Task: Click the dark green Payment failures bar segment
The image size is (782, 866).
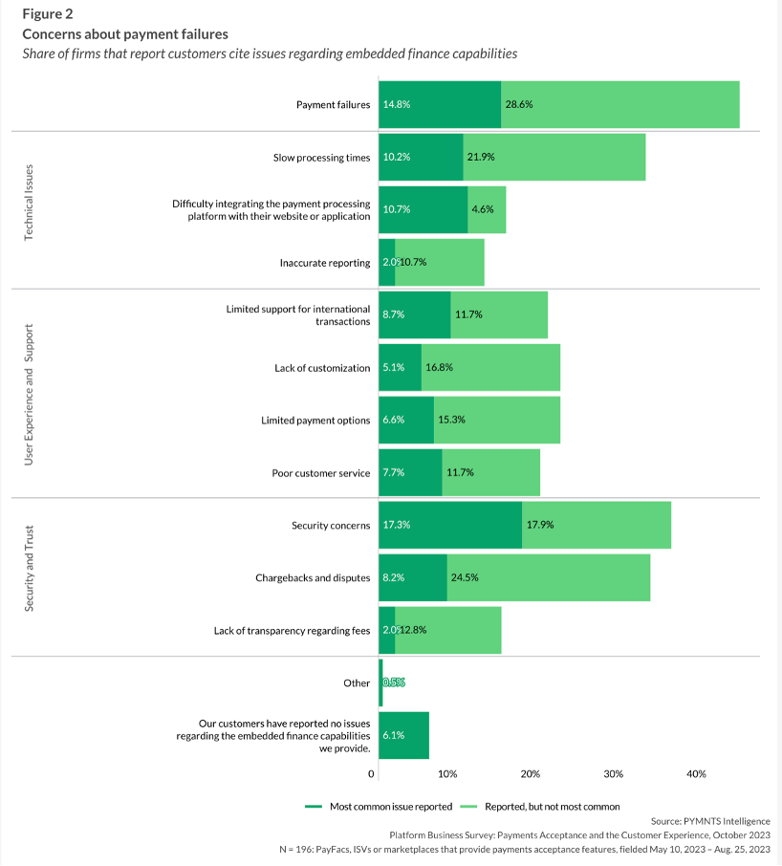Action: coord(440,104)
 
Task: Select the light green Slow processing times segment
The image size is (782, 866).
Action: coord(554,157)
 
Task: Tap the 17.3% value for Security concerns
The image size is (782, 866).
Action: coord(397,525)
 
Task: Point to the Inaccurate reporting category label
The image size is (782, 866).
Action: coord(325,263)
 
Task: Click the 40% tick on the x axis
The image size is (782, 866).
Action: coord(696,774)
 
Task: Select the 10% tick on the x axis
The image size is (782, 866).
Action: coord(447,774)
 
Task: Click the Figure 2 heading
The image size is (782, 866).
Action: coord(47,13)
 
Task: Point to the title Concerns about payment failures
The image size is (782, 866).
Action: coord(124,33)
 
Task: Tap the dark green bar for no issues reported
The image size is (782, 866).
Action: coord(403,735)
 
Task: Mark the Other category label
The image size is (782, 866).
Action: coord(357,683)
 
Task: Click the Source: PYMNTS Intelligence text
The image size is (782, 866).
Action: coord(709,821)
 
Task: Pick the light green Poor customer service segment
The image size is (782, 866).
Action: coord(490,472)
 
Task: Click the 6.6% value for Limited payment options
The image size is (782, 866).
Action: coord(396,421)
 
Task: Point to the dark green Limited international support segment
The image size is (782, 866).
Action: coord(414,314)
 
